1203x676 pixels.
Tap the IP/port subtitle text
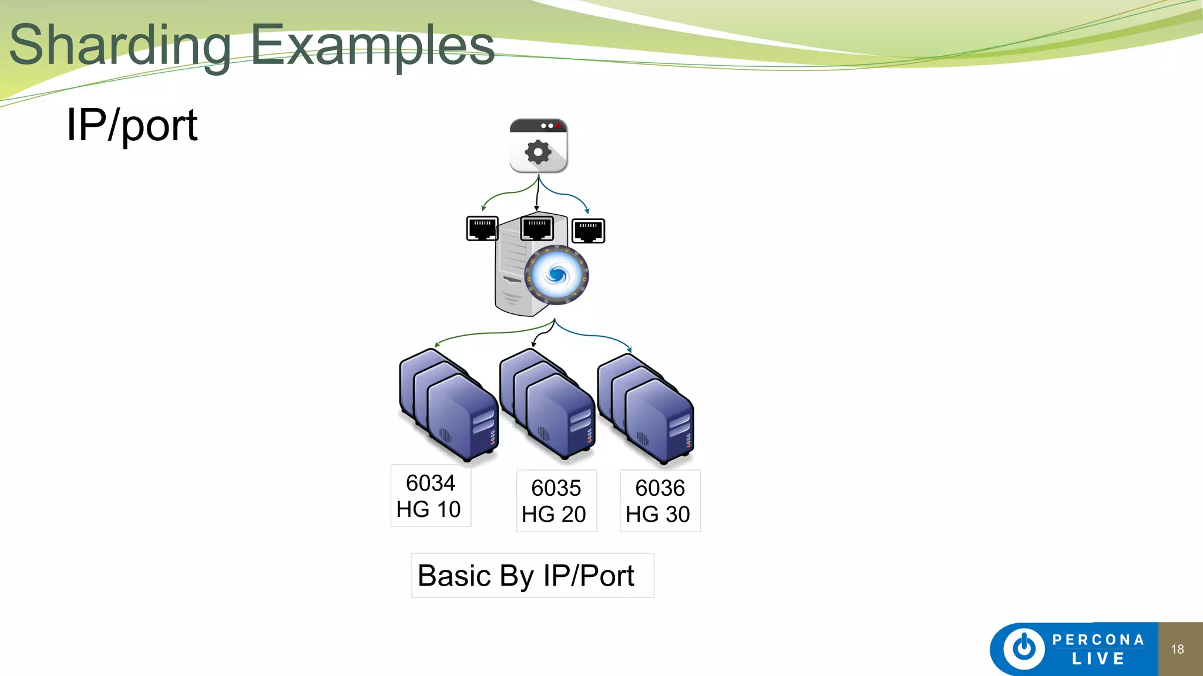tap(132, 125)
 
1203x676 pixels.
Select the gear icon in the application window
tap(538, 153)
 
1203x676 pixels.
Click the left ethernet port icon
tap(482, 229)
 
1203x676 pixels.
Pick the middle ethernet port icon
tap(537, 228)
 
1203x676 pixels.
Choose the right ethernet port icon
tap(588, 231)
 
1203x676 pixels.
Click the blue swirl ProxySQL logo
tap(556, 275)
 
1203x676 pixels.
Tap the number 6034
tap(431, 483)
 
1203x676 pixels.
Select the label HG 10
tap(429, 509)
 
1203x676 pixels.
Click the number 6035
tap(556, 488)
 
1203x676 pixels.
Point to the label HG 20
tap(554, 514)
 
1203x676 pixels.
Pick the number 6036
tap(660, 488)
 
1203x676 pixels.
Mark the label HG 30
tap(658, 514)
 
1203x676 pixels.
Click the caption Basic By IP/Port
tap(526, 576)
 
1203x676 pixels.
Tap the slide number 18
tap(1177, 649)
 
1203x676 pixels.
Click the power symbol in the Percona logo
tap(1024, 648)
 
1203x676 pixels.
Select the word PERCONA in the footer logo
tap(1098, 640)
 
